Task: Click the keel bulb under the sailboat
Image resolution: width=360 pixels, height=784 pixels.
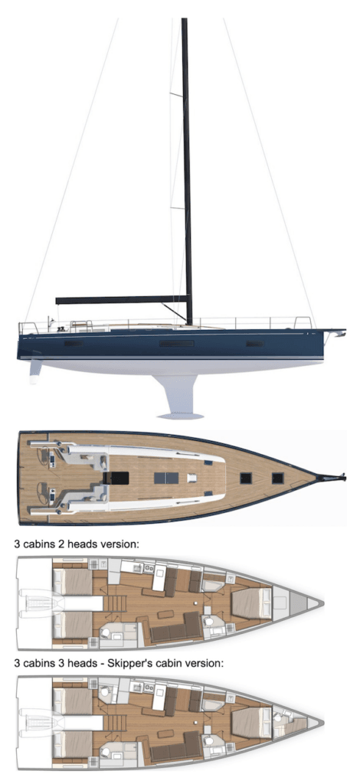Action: click(180, 416)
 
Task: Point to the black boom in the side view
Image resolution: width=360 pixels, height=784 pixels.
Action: click(122, 299)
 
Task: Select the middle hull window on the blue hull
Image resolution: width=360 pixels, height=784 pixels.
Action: click(176, 344)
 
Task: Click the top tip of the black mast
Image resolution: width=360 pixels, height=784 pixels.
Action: click(184, 19)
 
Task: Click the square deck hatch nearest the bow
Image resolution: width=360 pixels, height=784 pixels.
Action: click(277, 478)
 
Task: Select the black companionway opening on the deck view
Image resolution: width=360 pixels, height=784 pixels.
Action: click(116, 478)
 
